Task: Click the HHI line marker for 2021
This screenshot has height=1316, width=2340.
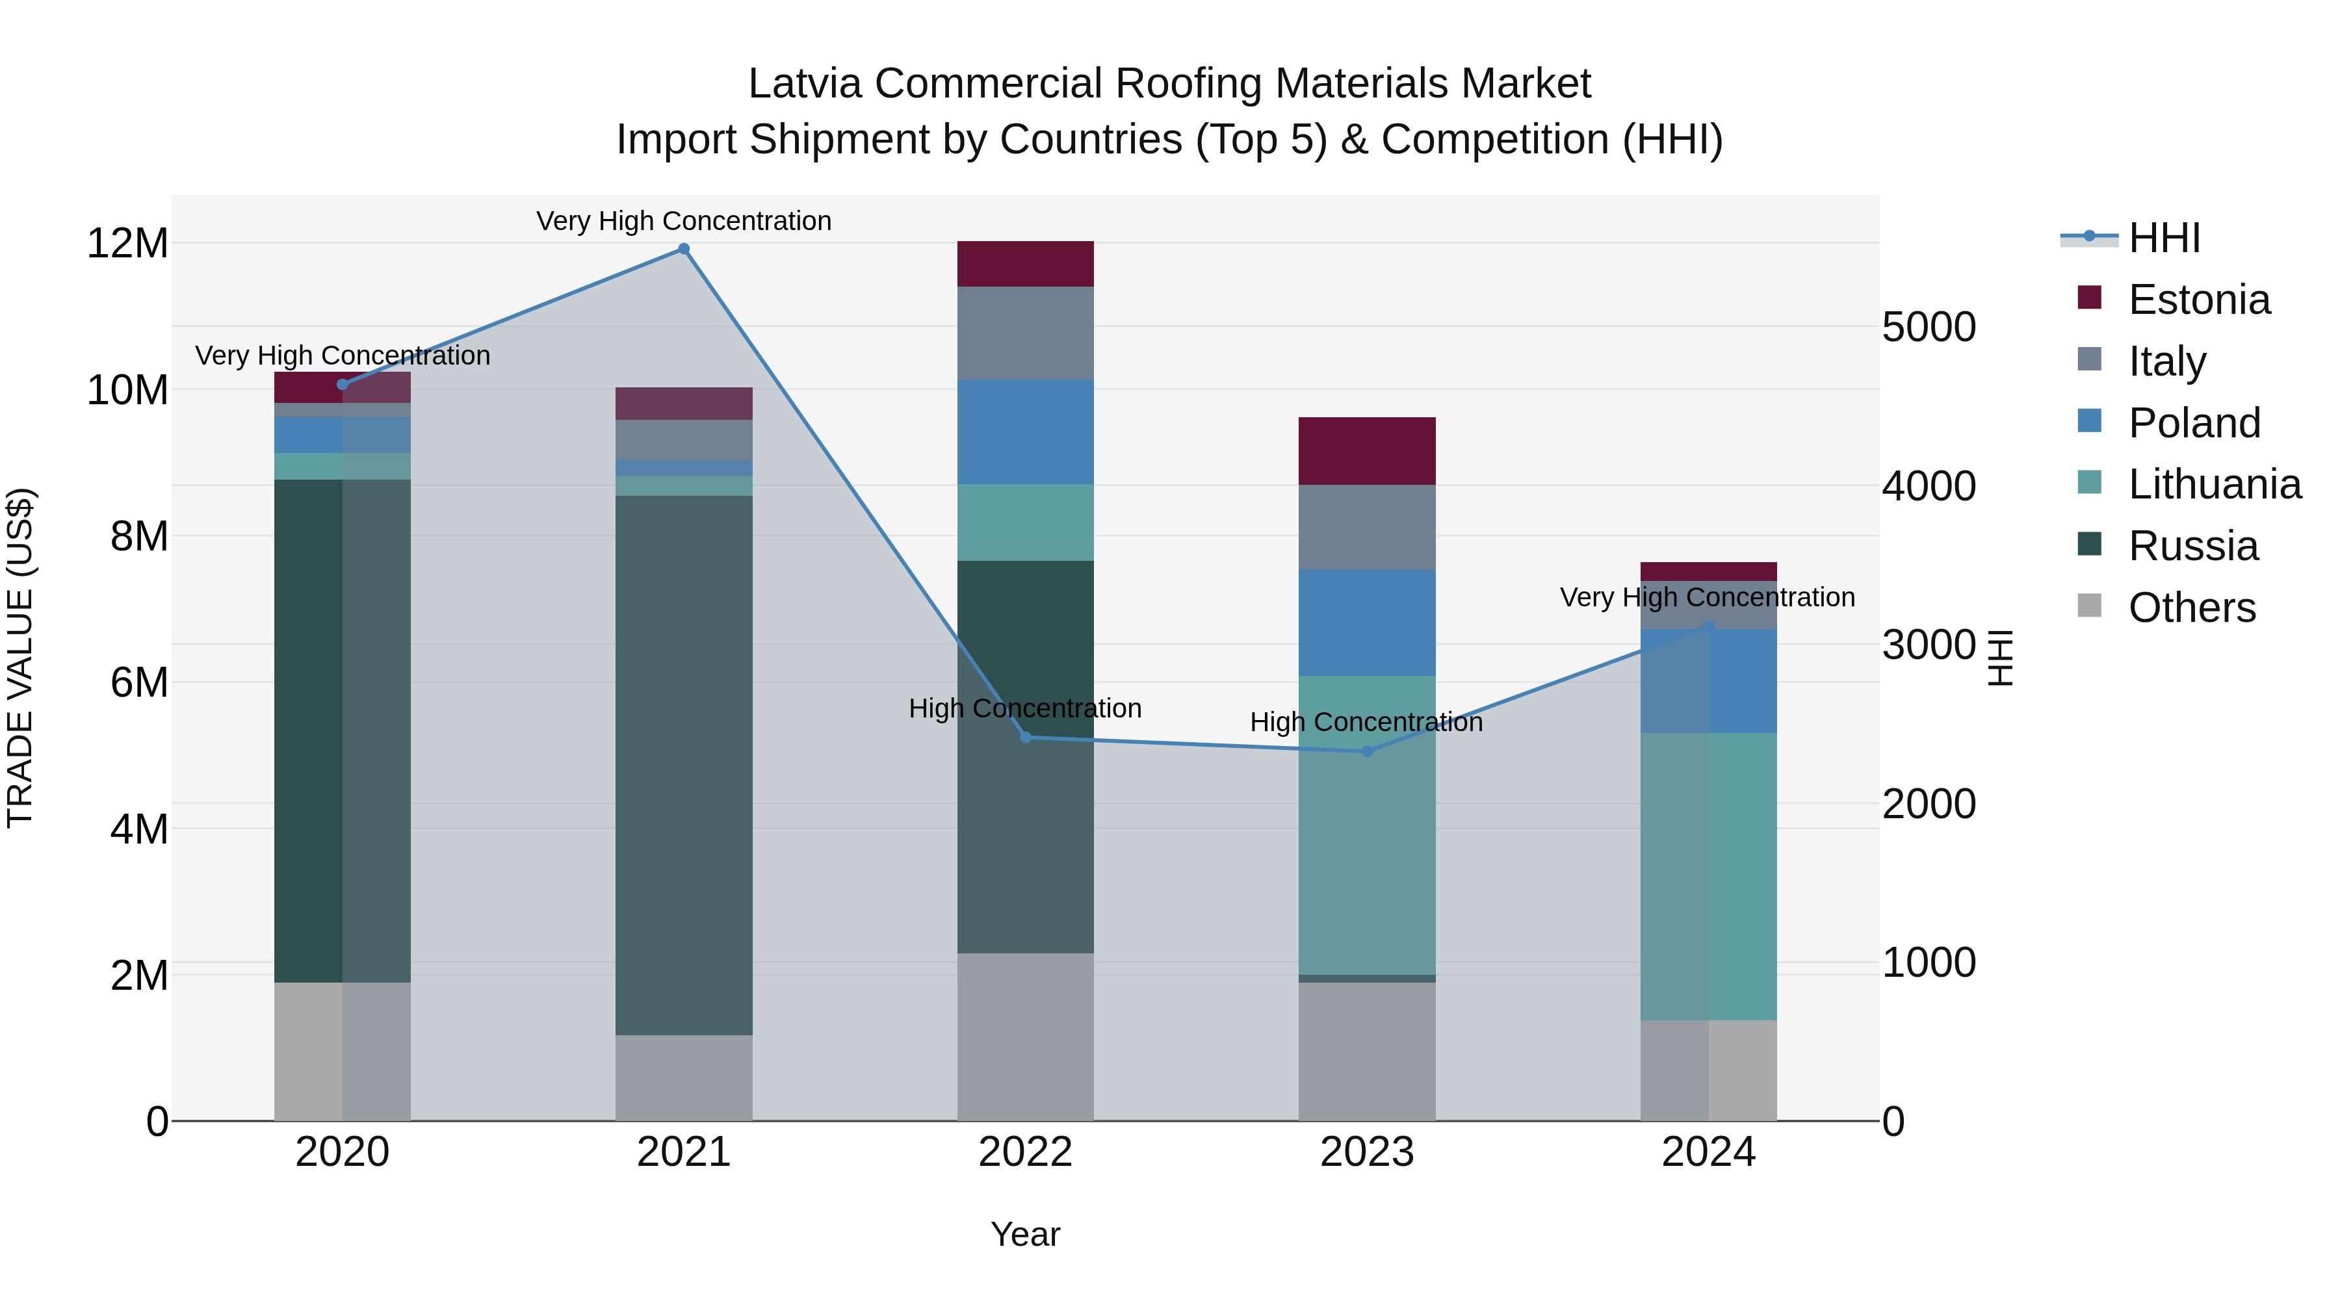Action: point(684,249)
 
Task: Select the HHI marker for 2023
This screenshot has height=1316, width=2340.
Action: point(1367,751)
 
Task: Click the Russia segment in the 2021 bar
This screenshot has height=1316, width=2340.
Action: point(684,765)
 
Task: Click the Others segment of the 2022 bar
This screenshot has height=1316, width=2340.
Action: point(1026,1037)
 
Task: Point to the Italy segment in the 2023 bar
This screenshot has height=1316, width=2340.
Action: point(1367,527)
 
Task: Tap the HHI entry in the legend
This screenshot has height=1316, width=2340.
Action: point(2164,238)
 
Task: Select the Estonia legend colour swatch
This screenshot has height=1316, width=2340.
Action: point(2089,298)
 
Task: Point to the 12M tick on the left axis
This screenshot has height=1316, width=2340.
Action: point(127,244)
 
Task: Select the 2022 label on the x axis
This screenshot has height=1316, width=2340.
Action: point(1026,1152)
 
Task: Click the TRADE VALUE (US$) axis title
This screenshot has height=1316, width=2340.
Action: point(20,658)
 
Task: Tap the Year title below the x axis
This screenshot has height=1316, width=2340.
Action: point(1026,1234)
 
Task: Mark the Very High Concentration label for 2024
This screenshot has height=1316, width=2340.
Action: point(1707,598)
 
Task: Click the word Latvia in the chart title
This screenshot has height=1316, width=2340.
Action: point(804,84)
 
